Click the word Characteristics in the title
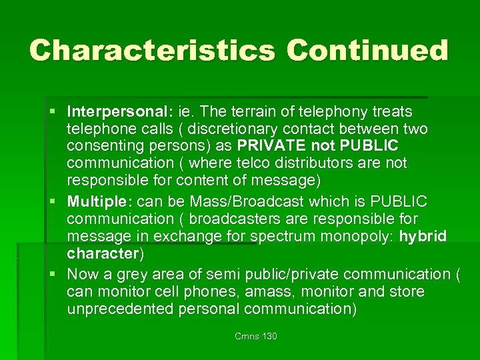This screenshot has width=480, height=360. point(153,51)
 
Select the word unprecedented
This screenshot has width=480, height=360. point(120,309)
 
